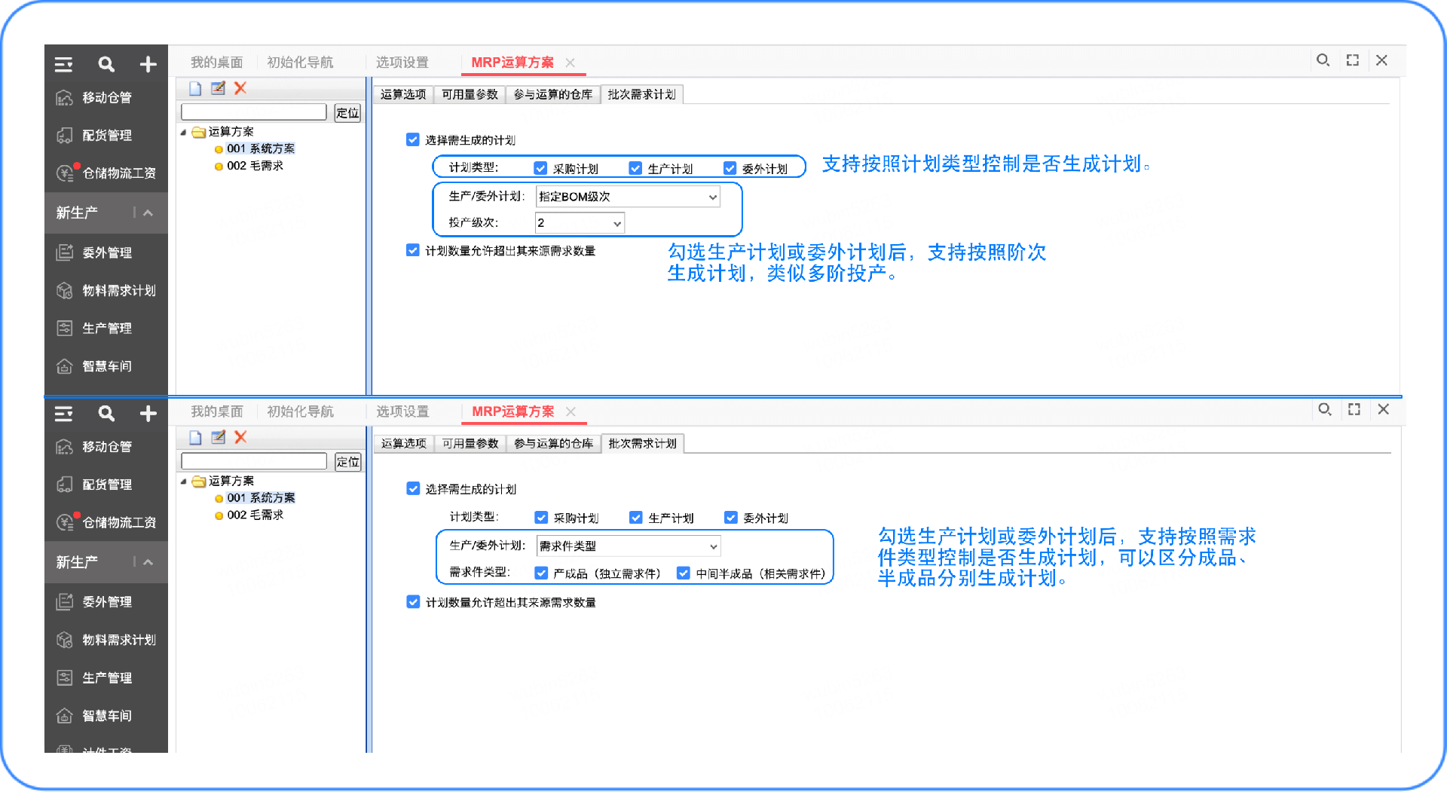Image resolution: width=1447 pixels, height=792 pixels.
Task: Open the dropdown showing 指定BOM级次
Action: tap(627, 197)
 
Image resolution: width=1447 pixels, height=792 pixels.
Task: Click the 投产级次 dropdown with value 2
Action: tap(579, 223)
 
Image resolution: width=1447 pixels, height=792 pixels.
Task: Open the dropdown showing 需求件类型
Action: tap(628, 546)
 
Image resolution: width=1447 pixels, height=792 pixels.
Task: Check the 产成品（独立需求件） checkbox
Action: tap(541, 573)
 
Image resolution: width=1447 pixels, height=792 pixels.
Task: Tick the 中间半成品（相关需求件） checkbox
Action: tap(684, 573)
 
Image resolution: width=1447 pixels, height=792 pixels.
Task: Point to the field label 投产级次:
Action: tap(473, 223)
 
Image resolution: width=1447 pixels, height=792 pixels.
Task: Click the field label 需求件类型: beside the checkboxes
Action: tap(479, 573)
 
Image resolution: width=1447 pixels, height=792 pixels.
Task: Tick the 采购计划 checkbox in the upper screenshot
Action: tap(540, 169)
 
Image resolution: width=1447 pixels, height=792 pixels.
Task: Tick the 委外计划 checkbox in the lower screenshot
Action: tap(730, 518)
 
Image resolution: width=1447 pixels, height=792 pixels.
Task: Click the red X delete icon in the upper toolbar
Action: tap(240, 88)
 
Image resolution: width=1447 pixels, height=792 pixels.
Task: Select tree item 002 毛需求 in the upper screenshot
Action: tap(255, 166)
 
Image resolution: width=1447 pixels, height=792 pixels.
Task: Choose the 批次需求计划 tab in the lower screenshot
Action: tap(642, 444)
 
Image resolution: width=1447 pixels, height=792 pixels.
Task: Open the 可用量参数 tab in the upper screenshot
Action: tap(470, 95)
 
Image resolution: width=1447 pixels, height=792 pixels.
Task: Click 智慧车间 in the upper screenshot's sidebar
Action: tap(106, 366)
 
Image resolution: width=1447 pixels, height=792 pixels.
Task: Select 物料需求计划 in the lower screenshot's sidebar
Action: tap(118, 640)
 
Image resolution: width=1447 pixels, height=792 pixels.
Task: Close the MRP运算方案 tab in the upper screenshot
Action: tap(571, 63)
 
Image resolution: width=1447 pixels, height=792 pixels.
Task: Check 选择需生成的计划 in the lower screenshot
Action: tap(413, 489)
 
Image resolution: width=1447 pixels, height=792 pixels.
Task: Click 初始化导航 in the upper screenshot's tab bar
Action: tap(300, 63)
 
